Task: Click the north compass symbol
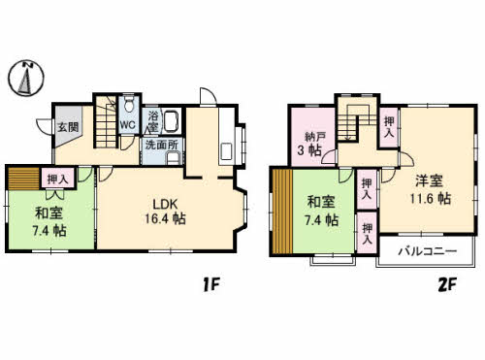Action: (26, 78)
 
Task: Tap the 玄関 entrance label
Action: (68, 127)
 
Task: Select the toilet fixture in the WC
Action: (129, 104)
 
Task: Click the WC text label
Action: (128, 124)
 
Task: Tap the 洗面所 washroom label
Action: (161, 145)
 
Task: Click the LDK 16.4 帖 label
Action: (165, 212)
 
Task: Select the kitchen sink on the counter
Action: (226, 151)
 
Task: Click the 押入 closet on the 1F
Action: (58, 179)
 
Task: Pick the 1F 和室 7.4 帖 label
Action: (49, 222)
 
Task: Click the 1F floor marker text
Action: (211, 285)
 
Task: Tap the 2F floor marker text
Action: (447, 285)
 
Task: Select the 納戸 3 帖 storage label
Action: (310, 144)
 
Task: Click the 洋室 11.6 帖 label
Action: (430, 189)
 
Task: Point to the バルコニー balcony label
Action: (428, 251)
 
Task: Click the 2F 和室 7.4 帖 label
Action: (322, 212)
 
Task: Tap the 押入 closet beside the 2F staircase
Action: (389, 127)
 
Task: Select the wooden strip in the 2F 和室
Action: (282, 212)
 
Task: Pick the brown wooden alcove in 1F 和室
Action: (24, 179)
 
